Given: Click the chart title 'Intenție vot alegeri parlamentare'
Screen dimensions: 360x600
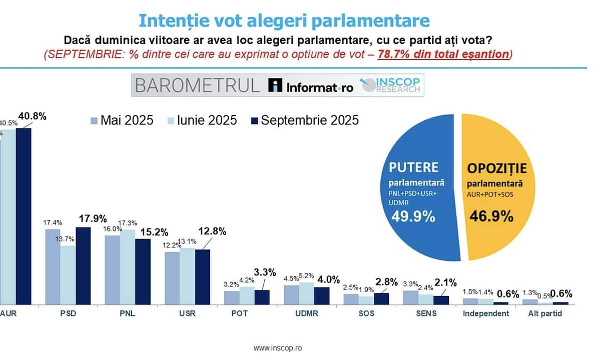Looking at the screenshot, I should point(284,20).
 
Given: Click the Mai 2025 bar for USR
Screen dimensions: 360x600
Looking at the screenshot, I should point(172,277).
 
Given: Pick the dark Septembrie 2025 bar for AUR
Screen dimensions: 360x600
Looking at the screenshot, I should point(24,215).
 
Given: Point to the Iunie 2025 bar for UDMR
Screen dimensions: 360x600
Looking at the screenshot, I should point(307,292).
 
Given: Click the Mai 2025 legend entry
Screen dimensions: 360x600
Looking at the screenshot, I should point(122,120).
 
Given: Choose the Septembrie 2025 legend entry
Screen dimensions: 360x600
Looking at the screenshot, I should point(304,120).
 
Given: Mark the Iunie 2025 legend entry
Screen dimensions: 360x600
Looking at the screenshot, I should point(203,120).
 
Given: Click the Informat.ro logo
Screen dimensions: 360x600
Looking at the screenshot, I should point(311,86).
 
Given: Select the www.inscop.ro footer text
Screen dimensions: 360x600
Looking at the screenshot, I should point(278,347).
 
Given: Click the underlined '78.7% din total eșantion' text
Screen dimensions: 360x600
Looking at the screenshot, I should point(443,54).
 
